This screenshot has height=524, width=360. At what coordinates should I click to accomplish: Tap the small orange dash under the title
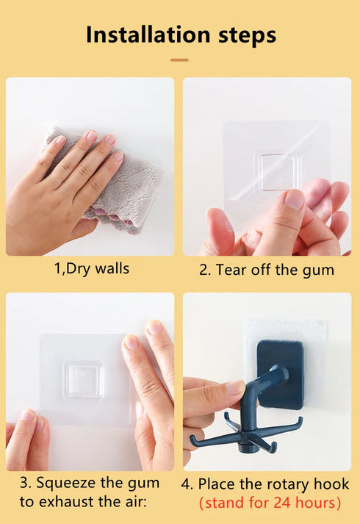tap(179, 60)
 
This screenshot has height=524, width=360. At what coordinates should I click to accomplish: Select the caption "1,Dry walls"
tap(92, 268)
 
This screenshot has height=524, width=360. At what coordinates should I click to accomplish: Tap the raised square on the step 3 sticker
tap(83, 379)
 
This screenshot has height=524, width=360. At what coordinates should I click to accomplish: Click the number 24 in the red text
tap(283, 503)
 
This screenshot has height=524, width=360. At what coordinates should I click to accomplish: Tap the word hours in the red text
tap(317, 503)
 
